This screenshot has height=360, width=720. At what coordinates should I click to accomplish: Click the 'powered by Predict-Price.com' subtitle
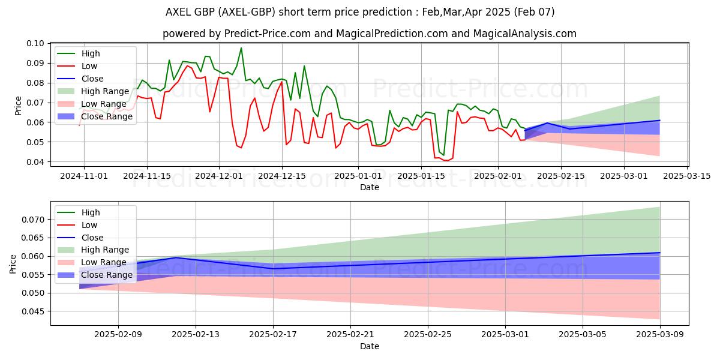(x=369, y=34)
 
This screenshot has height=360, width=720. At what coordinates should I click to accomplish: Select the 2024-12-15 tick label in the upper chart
(x=282, y=175)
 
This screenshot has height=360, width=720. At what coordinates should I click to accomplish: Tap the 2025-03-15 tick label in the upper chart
(x=688, y=175)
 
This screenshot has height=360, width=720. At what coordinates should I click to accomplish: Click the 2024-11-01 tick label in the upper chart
(x=84, y=175)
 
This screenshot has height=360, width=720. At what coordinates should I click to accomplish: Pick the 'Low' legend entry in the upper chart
(x=89, y=66)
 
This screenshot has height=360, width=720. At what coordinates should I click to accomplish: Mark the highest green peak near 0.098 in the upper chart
(x=241, y=48)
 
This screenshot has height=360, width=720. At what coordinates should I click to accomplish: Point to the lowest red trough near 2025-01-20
(x=446, y=161)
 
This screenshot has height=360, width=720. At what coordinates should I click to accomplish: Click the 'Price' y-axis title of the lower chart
(x=13, y=264)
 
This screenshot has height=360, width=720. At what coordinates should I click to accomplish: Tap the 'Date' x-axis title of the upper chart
(x=369, y=187)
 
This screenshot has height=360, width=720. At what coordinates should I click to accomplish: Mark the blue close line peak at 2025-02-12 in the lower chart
(x=176, y=257)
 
